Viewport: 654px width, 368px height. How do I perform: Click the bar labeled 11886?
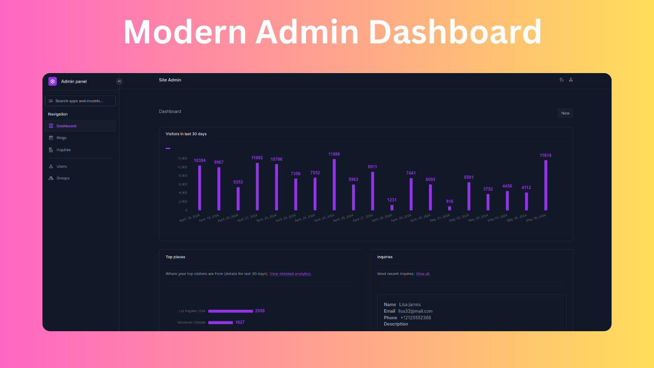coord(334,185)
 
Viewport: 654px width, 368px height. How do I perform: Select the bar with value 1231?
coord(392,208)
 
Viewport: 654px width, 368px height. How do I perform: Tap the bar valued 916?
coord(450,208)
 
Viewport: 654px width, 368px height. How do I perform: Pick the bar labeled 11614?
coord(546,185)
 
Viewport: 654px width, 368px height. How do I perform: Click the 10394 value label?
coord(200,160)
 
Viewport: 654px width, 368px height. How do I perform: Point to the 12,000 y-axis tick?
coord(182,158)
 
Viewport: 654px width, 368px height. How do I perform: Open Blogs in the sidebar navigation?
coord(61,138)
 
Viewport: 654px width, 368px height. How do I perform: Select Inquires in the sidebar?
coord(63,150)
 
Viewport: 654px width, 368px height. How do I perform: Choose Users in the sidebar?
coord(61,166)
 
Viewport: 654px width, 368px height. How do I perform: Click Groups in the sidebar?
coord(63,178)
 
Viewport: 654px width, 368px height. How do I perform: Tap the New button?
coord(565,113)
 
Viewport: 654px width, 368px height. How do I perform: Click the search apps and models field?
coord(80,101)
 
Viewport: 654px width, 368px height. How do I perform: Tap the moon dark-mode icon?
coord(562,80)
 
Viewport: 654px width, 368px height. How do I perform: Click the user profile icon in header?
coord(571,80)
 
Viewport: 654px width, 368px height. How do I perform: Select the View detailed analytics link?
coord(290,274)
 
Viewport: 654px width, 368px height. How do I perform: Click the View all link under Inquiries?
coord(423,274)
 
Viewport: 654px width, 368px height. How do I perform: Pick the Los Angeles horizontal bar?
coord(230,311)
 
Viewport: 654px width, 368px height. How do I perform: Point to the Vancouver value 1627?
coord(240,323)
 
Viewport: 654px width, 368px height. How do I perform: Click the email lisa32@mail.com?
coord(415,311)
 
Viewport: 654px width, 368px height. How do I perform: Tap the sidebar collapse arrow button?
coord(119,81)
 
